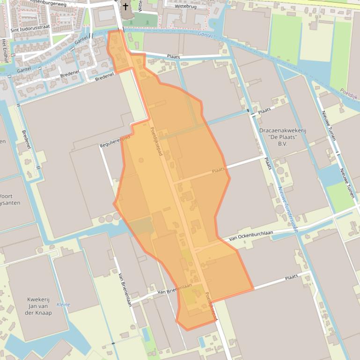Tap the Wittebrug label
(x=185, y=7)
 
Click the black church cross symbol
(x=125, y=7)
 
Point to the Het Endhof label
(x=5, y=50)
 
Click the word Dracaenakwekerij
(x=282, y=130)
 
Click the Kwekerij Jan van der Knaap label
(x=38, y=306)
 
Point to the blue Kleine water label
(x=63, y=305)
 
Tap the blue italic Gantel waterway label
(x=205, y=35)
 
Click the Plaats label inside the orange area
(x=218, y=170)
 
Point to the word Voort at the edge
(x=6, y=196)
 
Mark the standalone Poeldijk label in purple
(x=349, y=94)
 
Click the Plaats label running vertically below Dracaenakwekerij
(x=268, y=163)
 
